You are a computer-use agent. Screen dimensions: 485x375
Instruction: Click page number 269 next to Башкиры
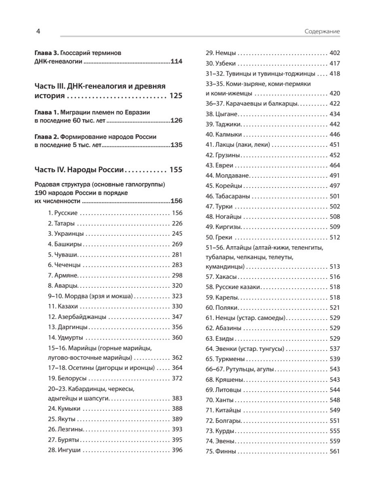(177, 244)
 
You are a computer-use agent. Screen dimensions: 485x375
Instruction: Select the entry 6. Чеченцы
(64, 265)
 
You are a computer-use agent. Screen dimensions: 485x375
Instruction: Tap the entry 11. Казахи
(63, 307)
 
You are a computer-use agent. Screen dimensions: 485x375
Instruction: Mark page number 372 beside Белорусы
(177, 379)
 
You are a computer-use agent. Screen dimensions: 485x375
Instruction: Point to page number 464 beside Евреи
(335, 165)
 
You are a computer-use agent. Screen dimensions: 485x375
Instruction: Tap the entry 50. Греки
(221, 237)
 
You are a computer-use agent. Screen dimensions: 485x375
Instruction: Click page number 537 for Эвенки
(335, 348)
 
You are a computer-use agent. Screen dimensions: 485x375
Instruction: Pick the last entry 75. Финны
(221, 451)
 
